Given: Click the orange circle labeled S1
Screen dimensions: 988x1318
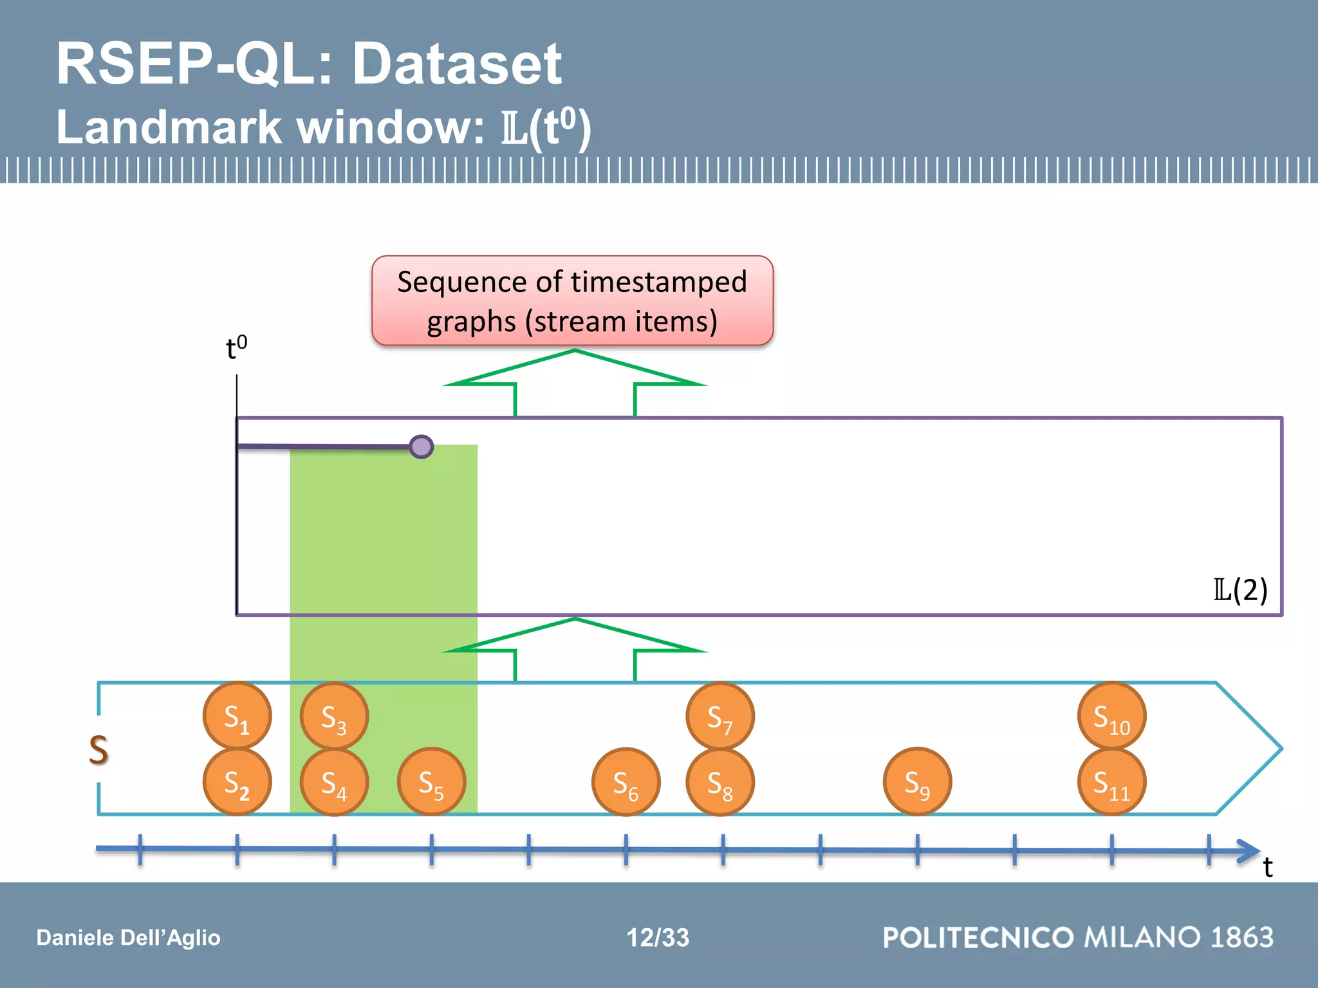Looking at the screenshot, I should [x=237, y=716].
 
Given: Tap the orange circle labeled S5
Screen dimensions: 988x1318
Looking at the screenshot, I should [x=431, y=782].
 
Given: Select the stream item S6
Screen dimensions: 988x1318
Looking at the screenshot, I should [x=626, y=782].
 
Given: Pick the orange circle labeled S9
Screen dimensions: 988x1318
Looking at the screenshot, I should [x=917, y=782].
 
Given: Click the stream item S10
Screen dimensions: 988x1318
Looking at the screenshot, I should [x=1111, y=716].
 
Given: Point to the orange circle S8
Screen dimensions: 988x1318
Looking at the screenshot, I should [x=720, y=782].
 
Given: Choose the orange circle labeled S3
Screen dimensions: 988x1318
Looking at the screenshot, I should [x=334, y=716].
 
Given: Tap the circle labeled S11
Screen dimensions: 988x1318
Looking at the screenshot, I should [x=1111, y=782].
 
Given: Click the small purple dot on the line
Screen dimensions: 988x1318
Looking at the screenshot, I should [x=422, y=446].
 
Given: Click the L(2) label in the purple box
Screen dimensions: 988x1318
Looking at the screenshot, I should [x=1240, y=589].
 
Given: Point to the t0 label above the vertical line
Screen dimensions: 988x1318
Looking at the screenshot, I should [x=236, y=348].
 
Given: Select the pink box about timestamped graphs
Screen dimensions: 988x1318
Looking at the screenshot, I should [x=572, y=301].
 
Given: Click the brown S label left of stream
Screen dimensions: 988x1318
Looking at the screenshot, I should [x=98, y=749].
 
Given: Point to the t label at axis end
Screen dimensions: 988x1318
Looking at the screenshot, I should [x=1267, y=868].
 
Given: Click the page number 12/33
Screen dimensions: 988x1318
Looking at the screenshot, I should [x=658, y=937].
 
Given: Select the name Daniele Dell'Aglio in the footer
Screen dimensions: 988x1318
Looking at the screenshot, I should [x=128, y=937].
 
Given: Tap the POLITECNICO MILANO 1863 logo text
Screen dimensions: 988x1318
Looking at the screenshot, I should [x=1078, y=937].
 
